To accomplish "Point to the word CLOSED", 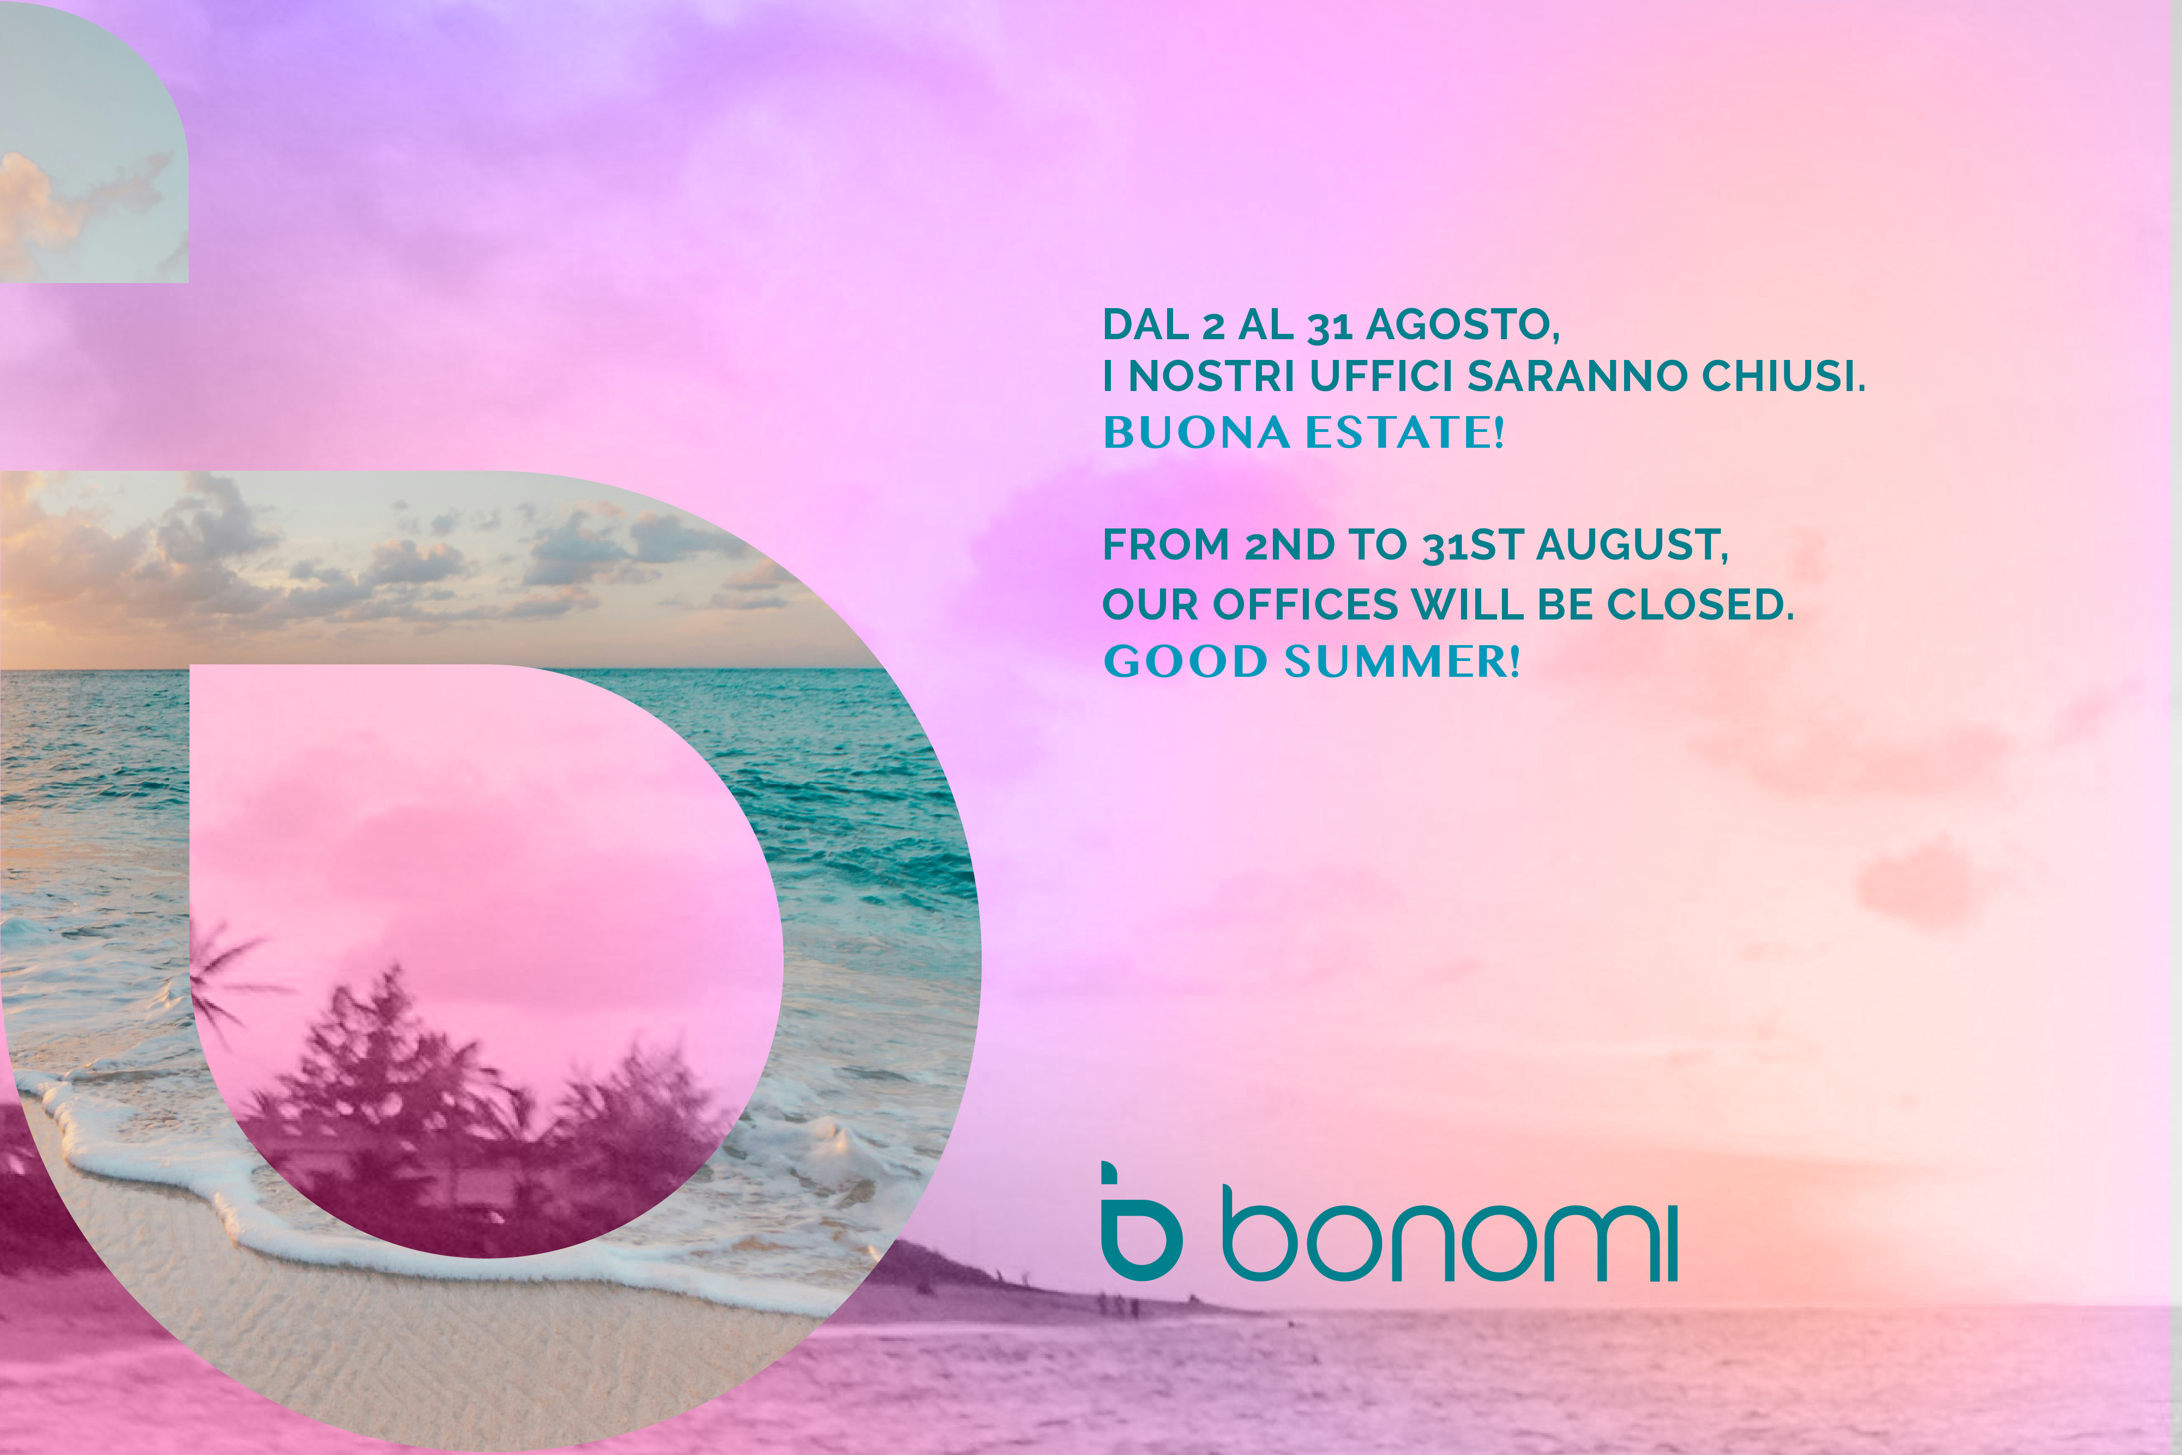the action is (x=1699, y=605).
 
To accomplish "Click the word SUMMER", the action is (x=1402, y=662).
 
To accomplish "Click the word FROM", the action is (x=1166, y=545).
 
